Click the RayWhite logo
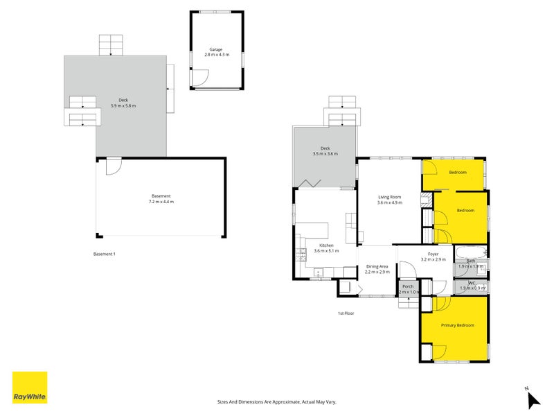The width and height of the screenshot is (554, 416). click(30, 388)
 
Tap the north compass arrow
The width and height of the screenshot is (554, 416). click(533, 399)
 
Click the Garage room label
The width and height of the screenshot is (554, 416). click(217, 50)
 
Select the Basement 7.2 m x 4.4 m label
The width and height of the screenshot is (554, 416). click(161, 199)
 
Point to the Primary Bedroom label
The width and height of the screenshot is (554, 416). click(458, 324)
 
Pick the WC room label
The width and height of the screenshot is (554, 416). click(471, 283)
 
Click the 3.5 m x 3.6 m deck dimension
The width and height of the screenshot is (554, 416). click(325, 154)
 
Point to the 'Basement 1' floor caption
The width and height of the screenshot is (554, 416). click(104, 254)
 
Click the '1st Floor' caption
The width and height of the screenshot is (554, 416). click(346, 313)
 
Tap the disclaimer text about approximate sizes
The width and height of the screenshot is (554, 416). click(276, 401)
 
